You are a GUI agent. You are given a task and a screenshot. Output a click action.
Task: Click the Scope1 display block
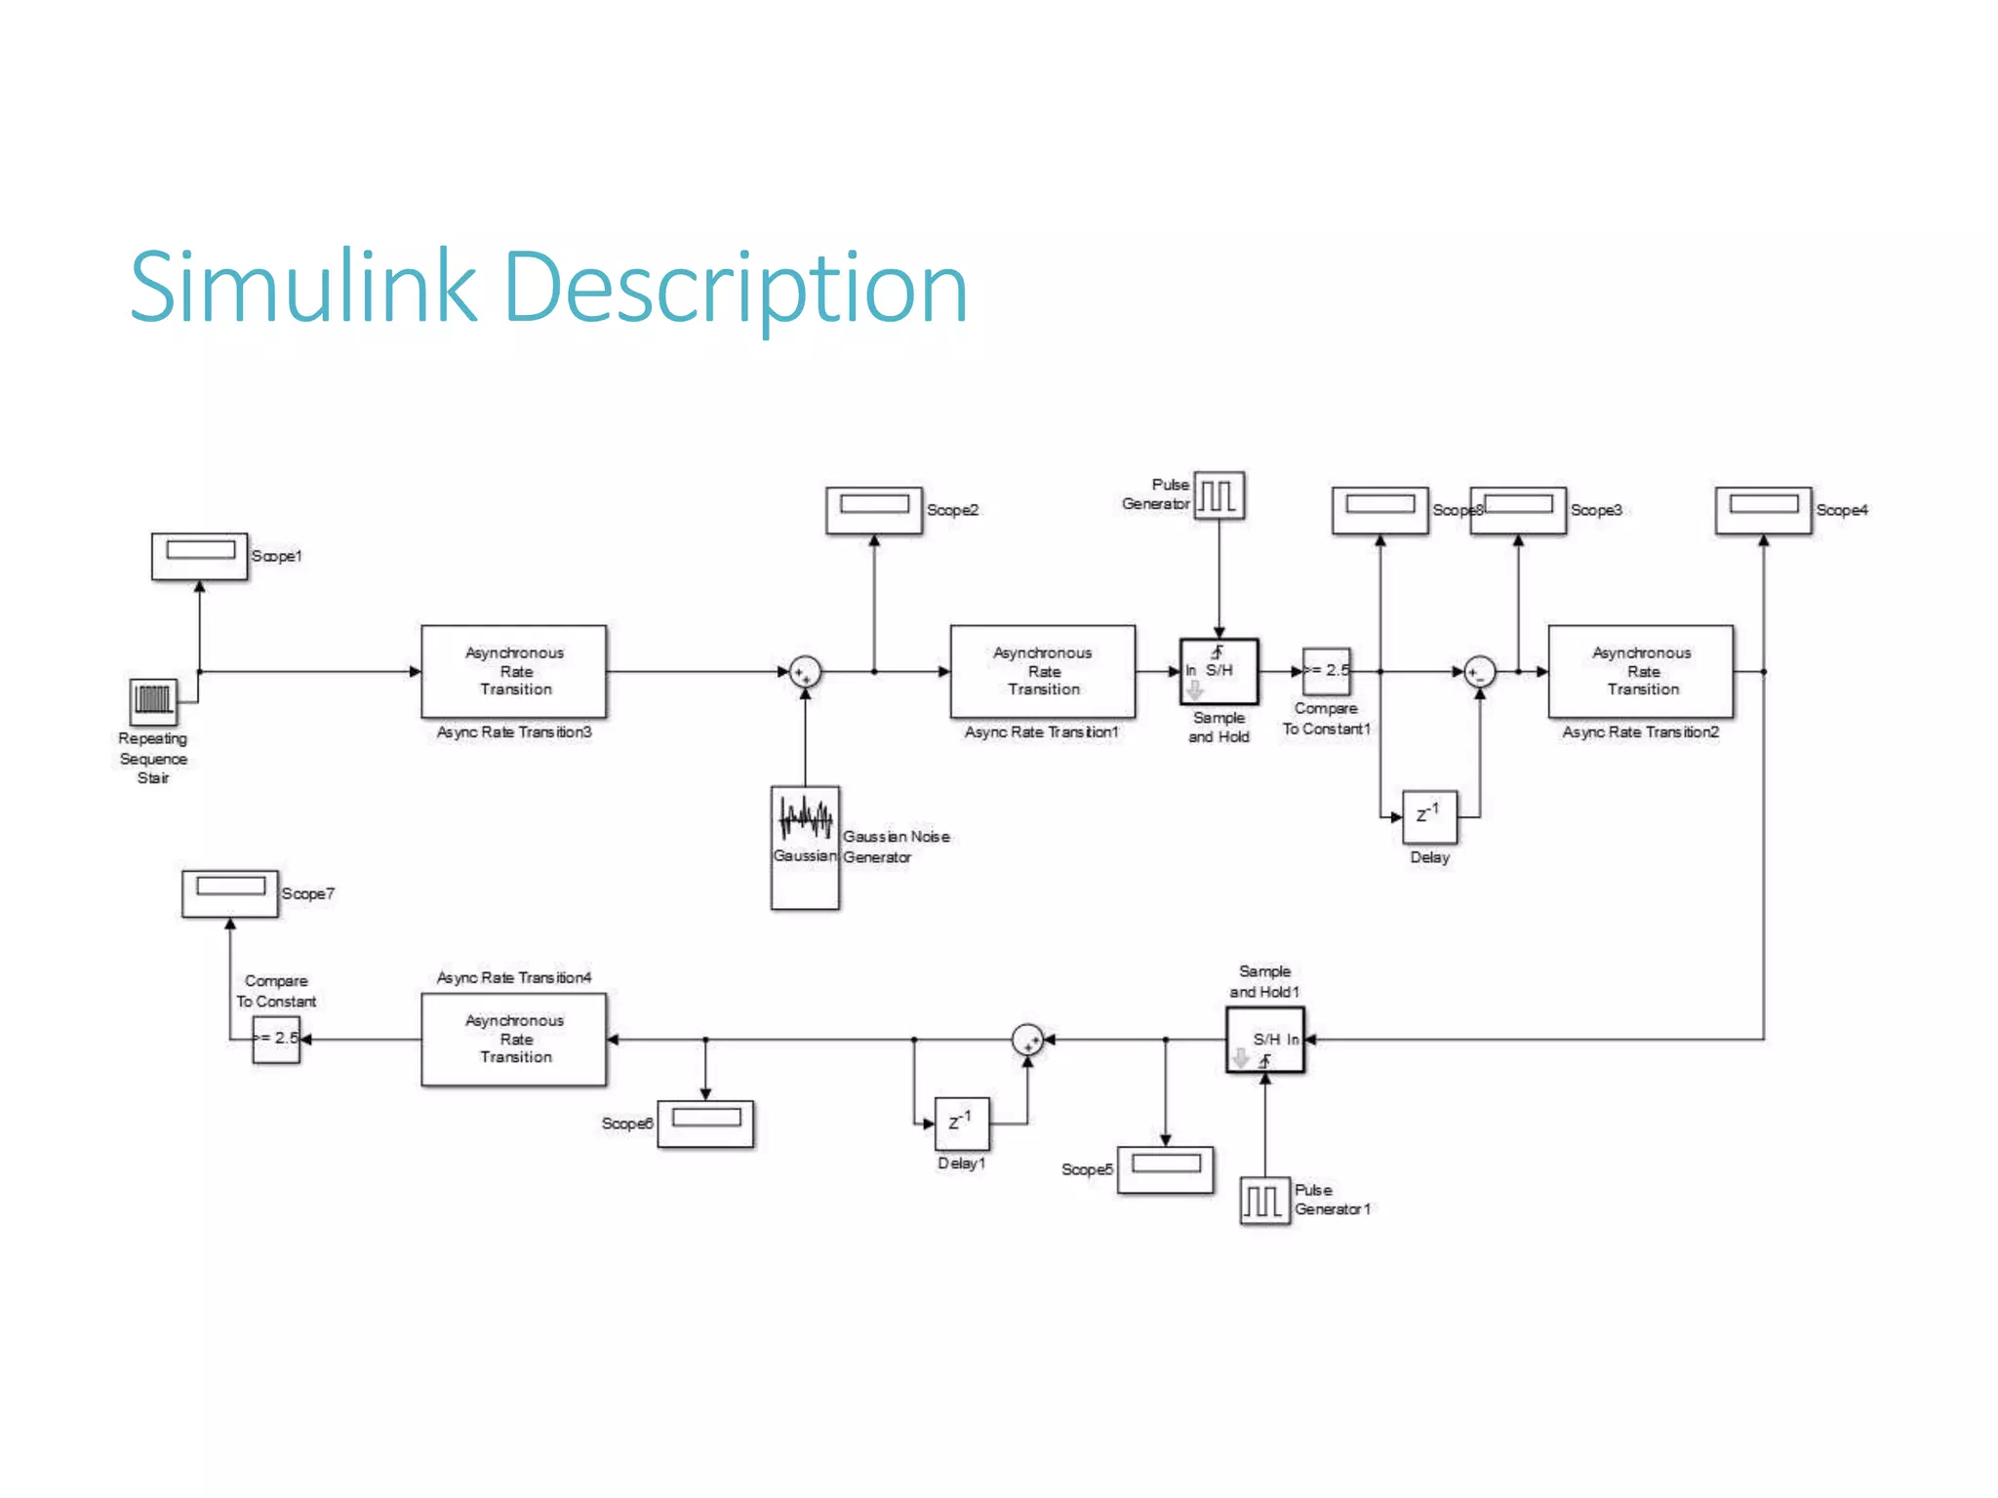(199, 556)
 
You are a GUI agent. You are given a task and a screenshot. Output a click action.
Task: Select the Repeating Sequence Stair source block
(154, 701)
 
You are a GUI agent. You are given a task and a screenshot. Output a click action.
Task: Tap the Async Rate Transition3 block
(513, 671)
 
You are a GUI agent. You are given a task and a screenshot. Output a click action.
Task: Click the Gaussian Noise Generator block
(805, 847)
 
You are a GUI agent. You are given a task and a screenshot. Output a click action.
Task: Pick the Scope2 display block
(873, 510)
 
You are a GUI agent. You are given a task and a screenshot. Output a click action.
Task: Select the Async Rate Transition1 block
(1042, 671)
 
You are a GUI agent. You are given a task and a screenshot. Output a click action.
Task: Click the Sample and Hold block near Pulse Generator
(1219, 671)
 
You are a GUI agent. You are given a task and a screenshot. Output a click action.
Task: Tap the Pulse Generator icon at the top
(1219, 495)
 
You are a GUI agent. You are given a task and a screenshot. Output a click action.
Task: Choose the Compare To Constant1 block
(1327, 671)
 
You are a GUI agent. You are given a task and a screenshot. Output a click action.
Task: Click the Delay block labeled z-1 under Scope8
(1429, 816)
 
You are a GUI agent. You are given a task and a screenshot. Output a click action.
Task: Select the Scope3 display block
(1518, 510)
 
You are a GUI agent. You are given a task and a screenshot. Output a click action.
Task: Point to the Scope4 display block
(1763, 510)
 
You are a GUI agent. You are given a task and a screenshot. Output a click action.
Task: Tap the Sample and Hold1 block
(1264, 1040)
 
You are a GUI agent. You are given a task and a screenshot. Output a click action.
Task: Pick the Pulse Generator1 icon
(1264, 1201)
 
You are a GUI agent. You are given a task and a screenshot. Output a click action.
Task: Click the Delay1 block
(961, 1123)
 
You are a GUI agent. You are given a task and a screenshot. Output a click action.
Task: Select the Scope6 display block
(705, 1123)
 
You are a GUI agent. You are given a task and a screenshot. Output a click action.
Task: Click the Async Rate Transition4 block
(513, 1039)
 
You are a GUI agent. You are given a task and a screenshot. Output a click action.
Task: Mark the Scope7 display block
(229, 893)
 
